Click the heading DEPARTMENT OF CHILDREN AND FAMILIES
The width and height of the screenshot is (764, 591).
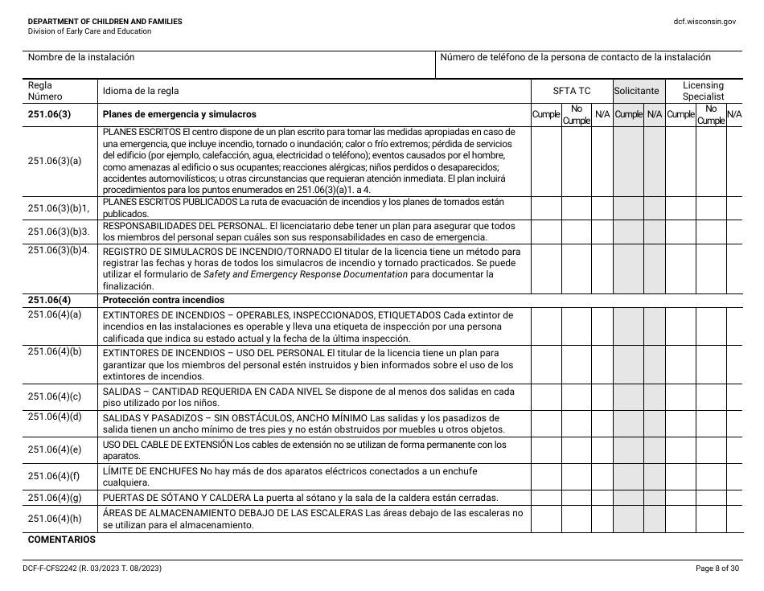(x=105, y=21)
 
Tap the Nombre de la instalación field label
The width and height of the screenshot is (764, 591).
(x=81, y=57)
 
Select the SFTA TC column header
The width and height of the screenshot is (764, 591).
(x=571, y=91)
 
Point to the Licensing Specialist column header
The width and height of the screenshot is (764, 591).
(x=703, y=90)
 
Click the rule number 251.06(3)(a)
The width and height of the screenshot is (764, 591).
(x=55, y=161)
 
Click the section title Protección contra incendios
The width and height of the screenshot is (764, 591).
(x=162, y=300)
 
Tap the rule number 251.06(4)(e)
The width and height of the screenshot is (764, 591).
(x=55, y=450)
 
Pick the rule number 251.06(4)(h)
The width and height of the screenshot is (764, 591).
(x=55, y=519)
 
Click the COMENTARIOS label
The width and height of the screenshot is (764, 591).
(x=61, y=540)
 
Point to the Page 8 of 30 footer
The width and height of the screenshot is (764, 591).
(x=716, y=568)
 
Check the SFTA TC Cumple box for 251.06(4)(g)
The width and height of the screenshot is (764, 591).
(x=546, y=497)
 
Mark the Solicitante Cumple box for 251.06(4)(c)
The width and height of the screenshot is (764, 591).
(x=628, y=396)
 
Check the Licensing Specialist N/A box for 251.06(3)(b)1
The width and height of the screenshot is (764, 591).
(x=734, y=208)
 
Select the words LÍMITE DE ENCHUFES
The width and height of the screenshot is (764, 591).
(x=150, y=470)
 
